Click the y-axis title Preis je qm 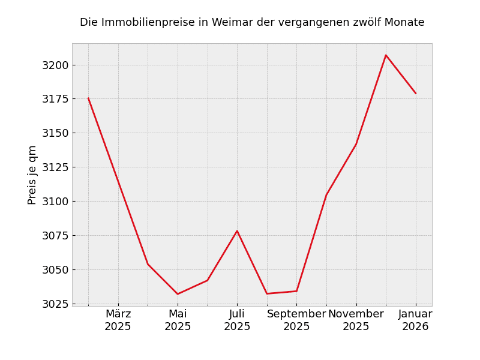point(32,175)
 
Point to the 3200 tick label point(55,65)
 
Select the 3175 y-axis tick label point(55,99)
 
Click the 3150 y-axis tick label point(55,133)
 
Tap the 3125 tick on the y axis point(55,167)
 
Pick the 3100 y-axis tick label point(55,202)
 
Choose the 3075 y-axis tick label point(55,236)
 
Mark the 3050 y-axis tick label point(55,270)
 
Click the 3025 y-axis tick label point(55,304)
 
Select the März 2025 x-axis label point(118,320)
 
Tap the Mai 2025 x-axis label point(178,320)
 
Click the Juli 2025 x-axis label point(237,320)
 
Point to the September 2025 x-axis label point(296,320)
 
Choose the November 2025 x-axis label point(356,320)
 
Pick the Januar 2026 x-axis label point(415,320)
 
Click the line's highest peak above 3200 point(386,55)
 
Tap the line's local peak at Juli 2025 point(237,231)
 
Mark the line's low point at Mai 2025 point(178,294)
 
